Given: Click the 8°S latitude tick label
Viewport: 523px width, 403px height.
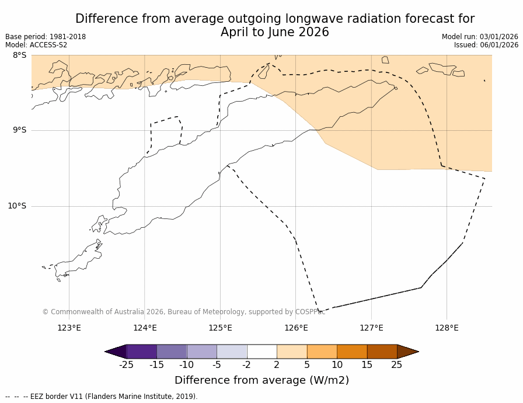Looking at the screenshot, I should (x=19, y=55).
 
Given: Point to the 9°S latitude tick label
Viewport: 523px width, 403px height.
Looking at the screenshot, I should (x=19, y=130).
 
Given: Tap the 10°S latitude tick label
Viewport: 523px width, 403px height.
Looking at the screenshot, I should (x=17, y=206).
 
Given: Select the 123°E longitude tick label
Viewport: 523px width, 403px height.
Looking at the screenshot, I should (x=69, y=328).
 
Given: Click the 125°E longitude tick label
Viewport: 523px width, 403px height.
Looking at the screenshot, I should (x=220, y=328).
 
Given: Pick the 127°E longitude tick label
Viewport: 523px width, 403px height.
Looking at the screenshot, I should (x=371, y=328).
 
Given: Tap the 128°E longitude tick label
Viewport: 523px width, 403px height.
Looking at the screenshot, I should (x=447, y=328).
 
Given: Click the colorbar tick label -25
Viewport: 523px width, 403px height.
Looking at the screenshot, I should (x=126, y=365).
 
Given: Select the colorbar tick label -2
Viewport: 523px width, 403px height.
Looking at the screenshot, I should (x=247, y=365).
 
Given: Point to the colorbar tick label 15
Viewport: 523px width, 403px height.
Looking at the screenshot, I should (x=367, y=365).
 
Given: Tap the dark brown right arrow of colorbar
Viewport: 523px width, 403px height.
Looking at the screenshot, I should (x=407, y=352).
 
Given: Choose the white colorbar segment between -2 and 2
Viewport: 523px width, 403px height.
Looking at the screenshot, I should (x=261, y=352).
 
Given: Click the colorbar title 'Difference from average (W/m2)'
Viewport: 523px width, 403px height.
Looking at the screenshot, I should (x=261, y=380).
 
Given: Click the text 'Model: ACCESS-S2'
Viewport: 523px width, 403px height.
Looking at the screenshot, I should (x=36, y=45).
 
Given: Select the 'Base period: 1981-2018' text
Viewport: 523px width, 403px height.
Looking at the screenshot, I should (x=46, y=37).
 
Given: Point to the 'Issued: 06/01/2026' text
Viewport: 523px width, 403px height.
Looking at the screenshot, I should (x=486, y=45).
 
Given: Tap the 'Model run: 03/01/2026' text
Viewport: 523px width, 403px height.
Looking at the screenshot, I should (x=480, y=37).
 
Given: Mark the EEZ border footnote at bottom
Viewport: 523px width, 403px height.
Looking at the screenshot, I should (x=102, y=397).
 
